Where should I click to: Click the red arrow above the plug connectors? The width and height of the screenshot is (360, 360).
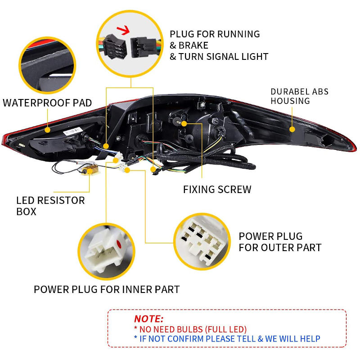(123, 30)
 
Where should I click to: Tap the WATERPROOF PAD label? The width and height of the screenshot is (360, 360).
(47, 103)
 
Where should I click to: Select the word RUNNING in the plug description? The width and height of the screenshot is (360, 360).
(238, 34)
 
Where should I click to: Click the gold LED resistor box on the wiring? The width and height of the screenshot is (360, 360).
(91, 170)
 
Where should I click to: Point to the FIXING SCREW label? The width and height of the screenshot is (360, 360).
(217, 189)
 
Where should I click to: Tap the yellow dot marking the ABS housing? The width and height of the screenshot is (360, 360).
(292, 129)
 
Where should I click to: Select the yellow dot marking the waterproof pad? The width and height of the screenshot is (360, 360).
(48, 130)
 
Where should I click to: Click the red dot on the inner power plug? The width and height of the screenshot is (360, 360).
(119, 244)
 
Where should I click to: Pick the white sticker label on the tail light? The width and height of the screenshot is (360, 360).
(73, 131)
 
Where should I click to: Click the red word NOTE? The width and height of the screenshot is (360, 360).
(148, 319)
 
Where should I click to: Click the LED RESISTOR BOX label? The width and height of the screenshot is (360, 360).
(50, 206)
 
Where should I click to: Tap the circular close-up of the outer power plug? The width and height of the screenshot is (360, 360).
(202, 242)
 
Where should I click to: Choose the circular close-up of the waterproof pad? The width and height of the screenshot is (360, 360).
(47, 65)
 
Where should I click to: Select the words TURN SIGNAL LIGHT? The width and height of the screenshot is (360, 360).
(223, 57)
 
